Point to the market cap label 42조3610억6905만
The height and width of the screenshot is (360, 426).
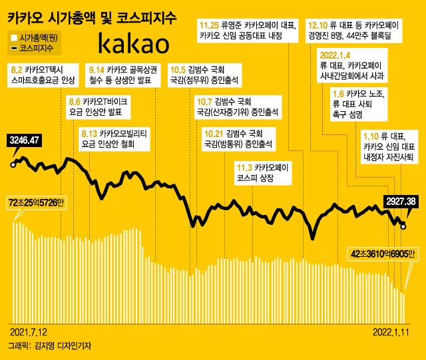pos(382,254)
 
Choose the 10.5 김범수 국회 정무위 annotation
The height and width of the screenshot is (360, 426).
pos(199,74)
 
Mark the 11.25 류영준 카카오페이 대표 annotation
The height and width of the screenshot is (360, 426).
pos(247,31)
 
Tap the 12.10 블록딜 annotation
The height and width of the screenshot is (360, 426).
pos(349,31)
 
